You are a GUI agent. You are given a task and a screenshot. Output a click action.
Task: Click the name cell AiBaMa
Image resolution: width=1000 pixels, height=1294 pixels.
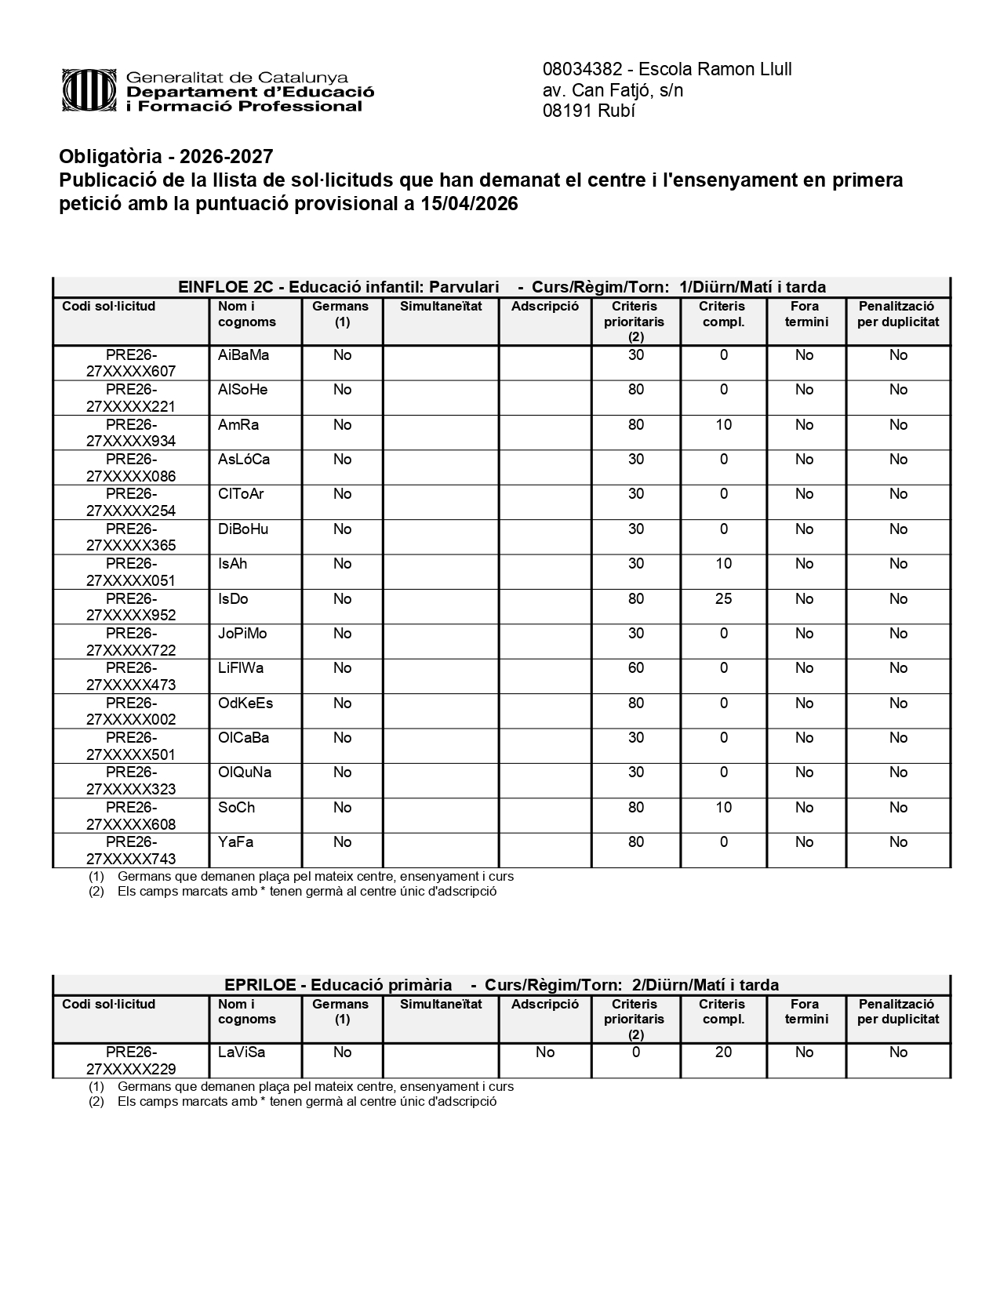tap(244, 355)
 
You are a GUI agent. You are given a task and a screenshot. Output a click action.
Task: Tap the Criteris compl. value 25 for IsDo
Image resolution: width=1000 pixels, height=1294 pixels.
tap(723, 599)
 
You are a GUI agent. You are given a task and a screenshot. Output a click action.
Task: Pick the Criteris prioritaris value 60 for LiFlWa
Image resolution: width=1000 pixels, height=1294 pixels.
tap(635, 668)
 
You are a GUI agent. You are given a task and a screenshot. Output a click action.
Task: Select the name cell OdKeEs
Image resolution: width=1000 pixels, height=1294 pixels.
tap(245, 703)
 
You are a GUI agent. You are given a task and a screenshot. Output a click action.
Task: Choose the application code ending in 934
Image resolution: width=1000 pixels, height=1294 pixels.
tap(131, 433)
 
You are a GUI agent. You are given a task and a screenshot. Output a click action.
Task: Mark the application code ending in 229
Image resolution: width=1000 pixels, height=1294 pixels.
tap(131, 1060)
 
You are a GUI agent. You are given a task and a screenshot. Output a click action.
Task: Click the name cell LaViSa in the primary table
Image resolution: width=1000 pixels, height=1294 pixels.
tap(236, 1052)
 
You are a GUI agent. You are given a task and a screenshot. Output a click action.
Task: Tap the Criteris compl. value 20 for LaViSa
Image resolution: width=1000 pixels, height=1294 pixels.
tap(723, 1052)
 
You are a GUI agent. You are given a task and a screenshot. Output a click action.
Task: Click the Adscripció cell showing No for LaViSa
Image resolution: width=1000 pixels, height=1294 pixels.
tap(545, 1052)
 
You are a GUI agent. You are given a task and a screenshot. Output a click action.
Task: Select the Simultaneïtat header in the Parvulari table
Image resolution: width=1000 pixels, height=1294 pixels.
tap(441, 307)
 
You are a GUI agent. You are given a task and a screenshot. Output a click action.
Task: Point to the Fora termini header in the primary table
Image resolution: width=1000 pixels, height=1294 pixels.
tap(805, 1012)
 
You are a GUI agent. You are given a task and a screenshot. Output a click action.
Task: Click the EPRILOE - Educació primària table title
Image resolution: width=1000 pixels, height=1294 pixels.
tap(338, 985)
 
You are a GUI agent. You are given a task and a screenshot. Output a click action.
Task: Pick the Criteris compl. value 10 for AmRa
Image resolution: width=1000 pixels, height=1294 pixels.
tap(723, 425)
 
